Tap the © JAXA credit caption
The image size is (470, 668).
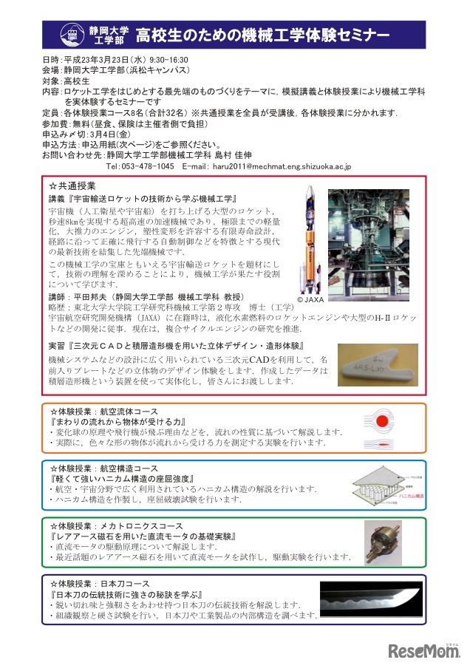coord(310,301)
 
